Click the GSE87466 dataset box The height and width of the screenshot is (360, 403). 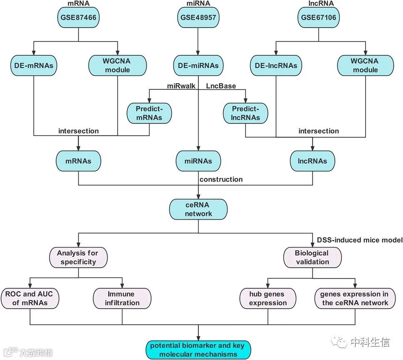click(79, 17)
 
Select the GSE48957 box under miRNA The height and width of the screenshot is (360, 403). click(198, 17)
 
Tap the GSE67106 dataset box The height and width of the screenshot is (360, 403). click(319, 17)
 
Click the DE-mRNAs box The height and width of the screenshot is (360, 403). click(34, 65)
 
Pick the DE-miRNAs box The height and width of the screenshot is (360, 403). click(198, 65)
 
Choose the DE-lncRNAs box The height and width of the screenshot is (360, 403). click(276, 65)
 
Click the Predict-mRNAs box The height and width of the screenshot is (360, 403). click(149, 113)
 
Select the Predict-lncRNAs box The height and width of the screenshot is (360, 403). click(246, 113)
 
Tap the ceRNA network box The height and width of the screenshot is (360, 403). click(198, 209)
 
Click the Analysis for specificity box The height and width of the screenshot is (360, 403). click(78, 257)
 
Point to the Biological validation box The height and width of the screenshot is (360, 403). click(312, 257)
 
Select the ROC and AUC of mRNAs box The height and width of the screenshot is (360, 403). click(30, 298)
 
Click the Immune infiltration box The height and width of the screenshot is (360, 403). click(122, 298)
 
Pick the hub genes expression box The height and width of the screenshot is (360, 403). click(268, 298)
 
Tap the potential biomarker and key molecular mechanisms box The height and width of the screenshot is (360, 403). click(198, 350)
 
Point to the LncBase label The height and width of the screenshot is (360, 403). click(221, 86)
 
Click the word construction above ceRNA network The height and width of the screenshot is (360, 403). click(221, 180)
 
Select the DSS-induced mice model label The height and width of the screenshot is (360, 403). click(360, 240)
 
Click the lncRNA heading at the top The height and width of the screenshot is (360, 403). click(319, 4)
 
